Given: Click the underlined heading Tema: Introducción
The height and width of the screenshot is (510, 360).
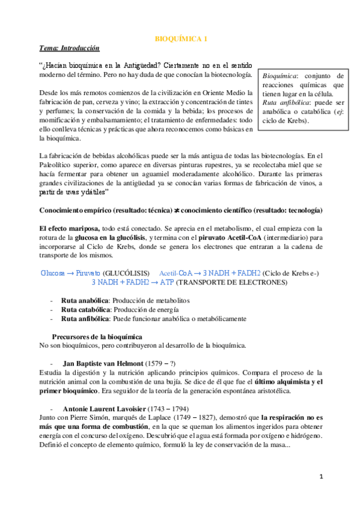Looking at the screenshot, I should click(x=69, y=48).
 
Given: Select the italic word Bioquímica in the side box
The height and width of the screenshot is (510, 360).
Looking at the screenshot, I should click(x=277, y=76).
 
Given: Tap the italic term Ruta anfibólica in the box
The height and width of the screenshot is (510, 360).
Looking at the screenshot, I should click(x=282, y=103).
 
